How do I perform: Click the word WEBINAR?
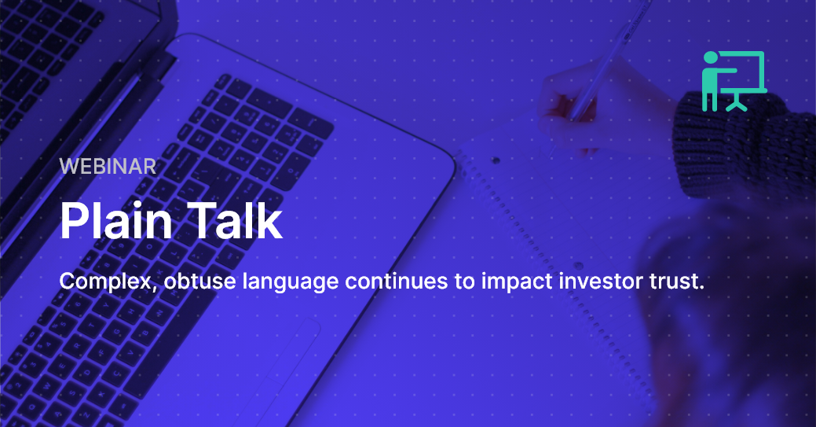point(108,167)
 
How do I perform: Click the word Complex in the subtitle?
point(108,282)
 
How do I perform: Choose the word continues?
point(397,282)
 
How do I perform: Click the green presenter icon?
point(734,81)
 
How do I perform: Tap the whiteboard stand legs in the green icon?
point(736,102)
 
